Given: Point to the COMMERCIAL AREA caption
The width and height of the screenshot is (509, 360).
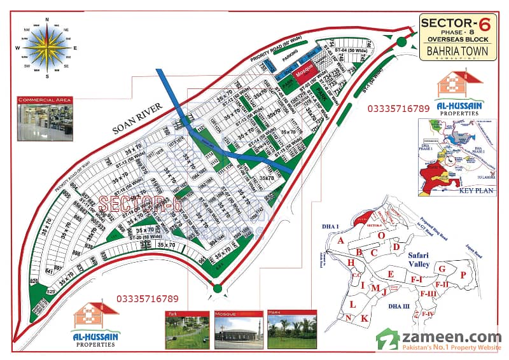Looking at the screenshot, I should click(x=45, y=100).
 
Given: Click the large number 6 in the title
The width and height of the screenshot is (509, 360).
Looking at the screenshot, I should click(x=485, y=24).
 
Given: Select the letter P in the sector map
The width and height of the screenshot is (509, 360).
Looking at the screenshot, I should click(x=463, y=274).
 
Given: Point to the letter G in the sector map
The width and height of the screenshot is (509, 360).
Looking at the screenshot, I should click(x=441, y=269).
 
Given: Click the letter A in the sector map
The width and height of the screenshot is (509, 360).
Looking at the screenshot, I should click(x=341, y=240).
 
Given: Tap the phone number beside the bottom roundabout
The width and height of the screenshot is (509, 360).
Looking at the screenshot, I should click(x=147, y=298).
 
